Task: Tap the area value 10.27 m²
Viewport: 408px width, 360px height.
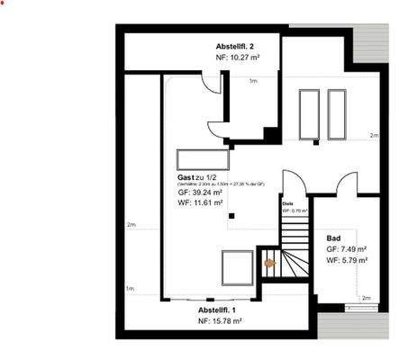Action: pyautogui.click(x=239, y=57)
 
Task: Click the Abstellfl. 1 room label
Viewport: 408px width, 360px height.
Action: pyautogui.click(x=216, y=309)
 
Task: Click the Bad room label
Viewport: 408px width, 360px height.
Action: pyautogui.click(x=333, y=238)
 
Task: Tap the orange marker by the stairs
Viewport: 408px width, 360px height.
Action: pyautogui.click(x=267, y=263)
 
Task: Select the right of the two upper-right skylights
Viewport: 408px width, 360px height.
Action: pyautogui.click(x=337, y=114)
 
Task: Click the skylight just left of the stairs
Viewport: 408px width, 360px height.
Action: pyautogui.click(x=237, y=266)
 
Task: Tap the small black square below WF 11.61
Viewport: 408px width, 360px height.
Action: pyautogui.click(x=231, y=216)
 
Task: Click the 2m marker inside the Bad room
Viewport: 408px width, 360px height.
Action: pyautogui.click(x=366, y=297)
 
